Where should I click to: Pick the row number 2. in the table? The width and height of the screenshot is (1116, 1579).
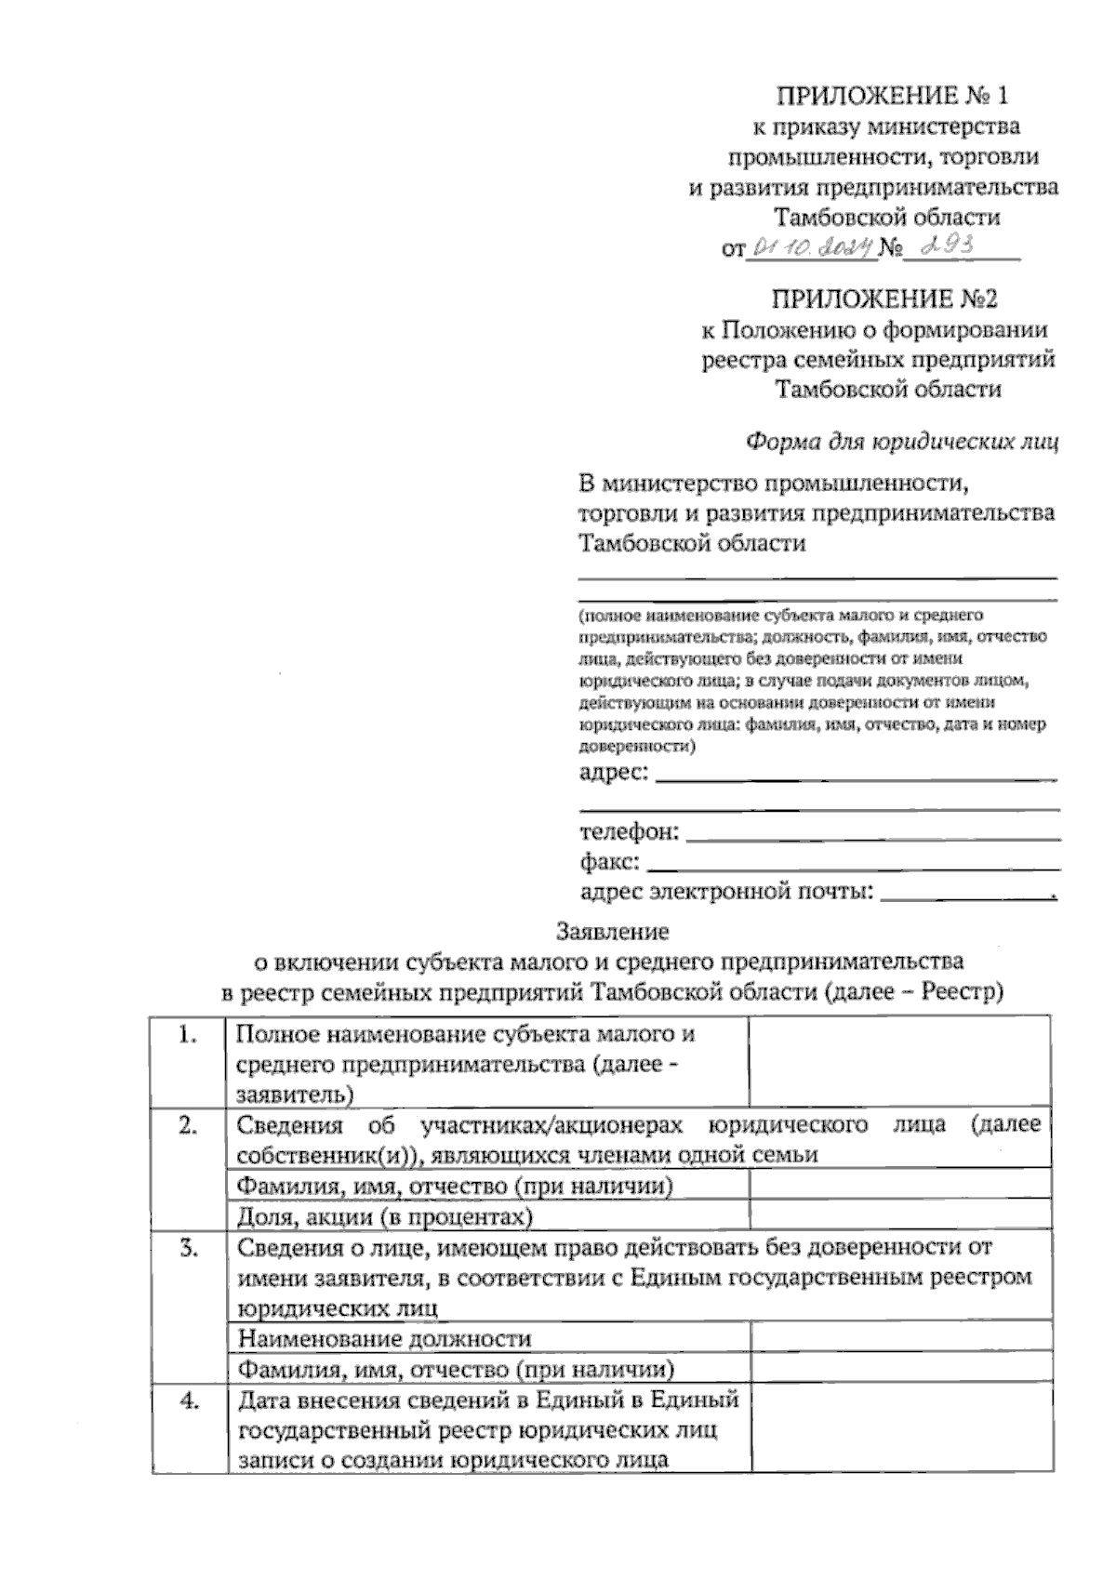pos(188,1125)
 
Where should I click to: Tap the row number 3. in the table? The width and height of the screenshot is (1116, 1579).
pos(188,1248)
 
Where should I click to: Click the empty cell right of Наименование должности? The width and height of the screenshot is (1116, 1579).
pos(900,1338)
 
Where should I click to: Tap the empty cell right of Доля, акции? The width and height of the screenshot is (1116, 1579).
pos(900,1216)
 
